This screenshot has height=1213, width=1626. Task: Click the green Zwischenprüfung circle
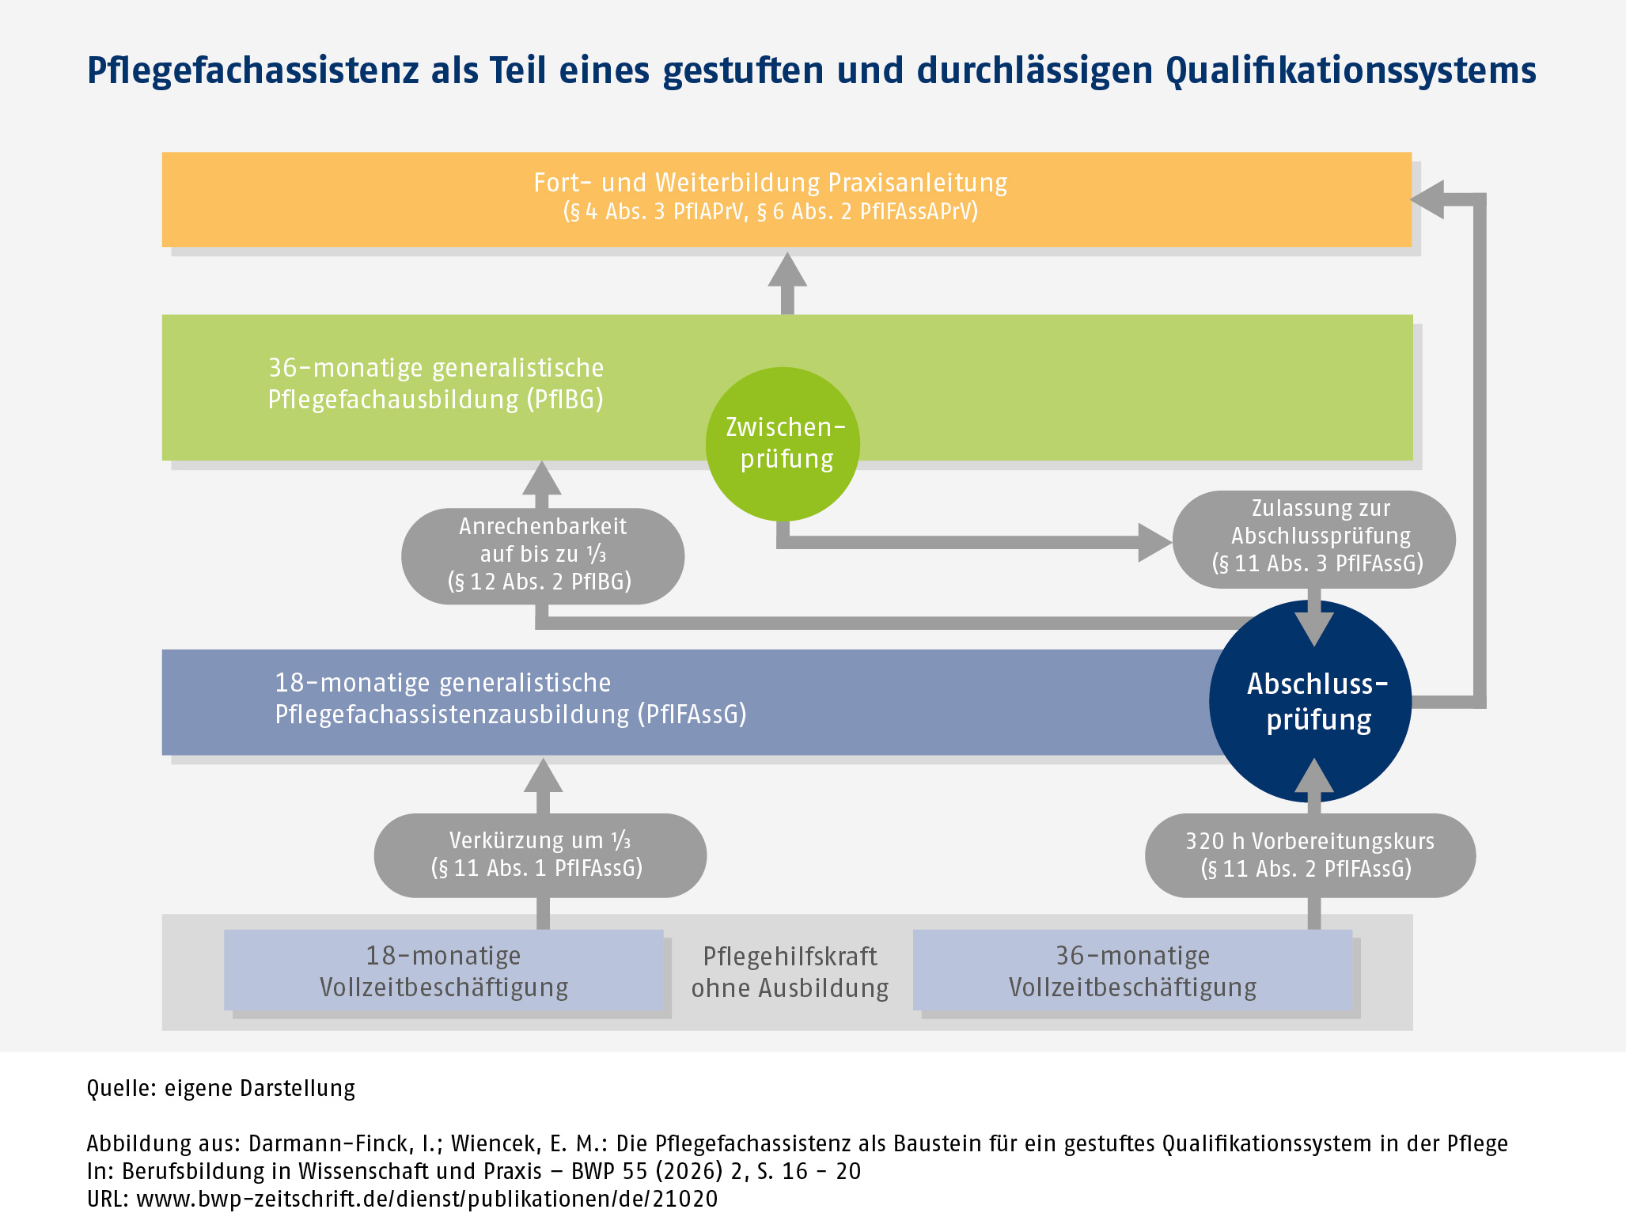pyautogui.click(x=783, y=444)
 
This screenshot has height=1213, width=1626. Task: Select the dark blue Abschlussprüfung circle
pyautogui.click(x=1310, y=701)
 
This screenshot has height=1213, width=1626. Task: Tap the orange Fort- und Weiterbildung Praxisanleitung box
pyautogui.click(x=786, y=199)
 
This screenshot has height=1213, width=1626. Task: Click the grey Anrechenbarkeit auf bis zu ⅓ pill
pyautogui.click(x=543, y=555)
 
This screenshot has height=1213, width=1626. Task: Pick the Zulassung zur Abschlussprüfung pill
pyautogui.click(x=1313, y=539)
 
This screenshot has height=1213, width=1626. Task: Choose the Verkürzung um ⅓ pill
pyautogui.click(x=540, y=855)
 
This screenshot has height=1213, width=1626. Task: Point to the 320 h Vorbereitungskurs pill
pyautogui.click(x=1310, y=855)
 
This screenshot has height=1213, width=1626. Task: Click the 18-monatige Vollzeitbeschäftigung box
pyautogui.click(x=444, y=970)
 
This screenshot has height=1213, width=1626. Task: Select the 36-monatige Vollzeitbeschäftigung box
pyautogui.click(x=1133, y=970)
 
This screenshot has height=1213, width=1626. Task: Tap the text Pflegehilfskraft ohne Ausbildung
pyautogui.click(x=790, y=972)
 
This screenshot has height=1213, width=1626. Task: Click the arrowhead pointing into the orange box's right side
pyautogui.click(x=1427, y=199)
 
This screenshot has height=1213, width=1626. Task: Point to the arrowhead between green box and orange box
pyautogui.click(x=787, y=269)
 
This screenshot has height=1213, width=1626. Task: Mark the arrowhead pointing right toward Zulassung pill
pyautogui.click(x=1155, y=542)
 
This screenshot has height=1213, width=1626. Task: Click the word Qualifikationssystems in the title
pyautogui.click(x=1351, y=70)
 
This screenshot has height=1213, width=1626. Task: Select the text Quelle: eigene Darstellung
pyautogui.click(x=221, y=1088)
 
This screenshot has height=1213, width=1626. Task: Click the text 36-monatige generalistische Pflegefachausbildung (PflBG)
pyautogui.click(x=436, y=384)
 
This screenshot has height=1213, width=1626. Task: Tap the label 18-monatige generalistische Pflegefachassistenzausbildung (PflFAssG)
pyautogui.click(x=510, y=699)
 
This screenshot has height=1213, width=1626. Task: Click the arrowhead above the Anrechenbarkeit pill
pyautogui.click(x=542, y=478)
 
